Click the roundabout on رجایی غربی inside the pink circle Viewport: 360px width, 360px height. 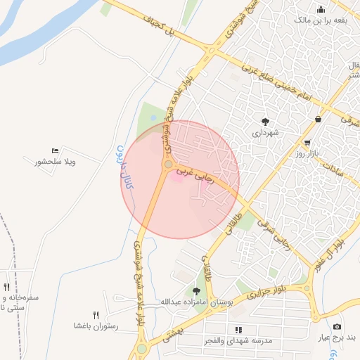(168, 165)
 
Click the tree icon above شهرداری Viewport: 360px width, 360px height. (265, 121)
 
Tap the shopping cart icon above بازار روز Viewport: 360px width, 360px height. (307, 142)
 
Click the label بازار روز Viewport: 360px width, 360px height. (307, 153)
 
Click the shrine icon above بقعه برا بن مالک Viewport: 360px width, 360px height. (321, 9)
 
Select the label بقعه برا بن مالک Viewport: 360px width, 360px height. (321, 20)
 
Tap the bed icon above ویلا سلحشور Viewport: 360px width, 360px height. (56, 150)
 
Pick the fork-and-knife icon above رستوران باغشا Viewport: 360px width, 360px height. (96, 315)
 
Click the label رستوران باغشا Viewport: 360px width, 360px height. (96, 326)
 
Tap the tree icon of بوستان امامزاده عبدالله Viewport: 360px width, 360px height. (196, 290)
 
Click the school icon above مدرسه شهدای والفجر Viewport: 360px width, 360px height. (238, 328)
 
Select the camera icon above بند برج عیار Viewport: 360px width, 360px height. (337, 326)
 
